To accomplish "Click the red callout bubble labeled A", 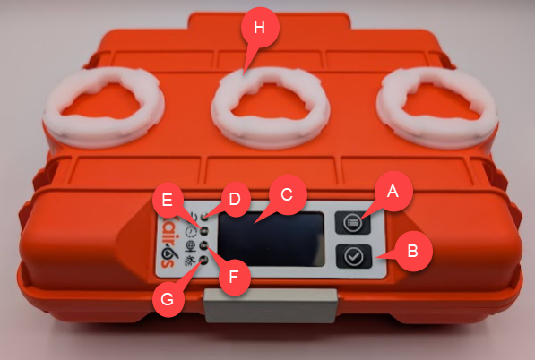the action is pos(393,192).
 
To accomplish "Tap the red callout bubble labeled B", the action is pos(413,252).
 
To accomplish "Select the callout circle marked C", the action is pos(287,194).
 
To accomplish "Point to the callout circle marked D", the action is pos(235,199).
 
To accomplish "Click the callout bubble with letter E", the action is pos(168,200).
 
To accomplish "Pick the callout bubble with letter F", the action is pos(234,278).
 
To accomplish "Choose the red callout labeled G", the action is pos(168,300).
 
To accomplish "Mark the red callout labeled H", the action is pos(260,28).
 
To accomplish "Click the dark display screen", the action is pos(271,239).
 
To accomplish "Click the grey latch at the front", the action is pos(271,305).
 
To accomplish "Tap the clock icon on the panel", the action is pos(191,232).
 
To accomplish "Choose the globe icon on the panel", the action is pos(191,246).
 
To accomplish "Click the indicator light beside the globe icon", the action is pos(204,244).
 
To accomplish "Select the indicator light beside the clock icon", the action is pos(204,230).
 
